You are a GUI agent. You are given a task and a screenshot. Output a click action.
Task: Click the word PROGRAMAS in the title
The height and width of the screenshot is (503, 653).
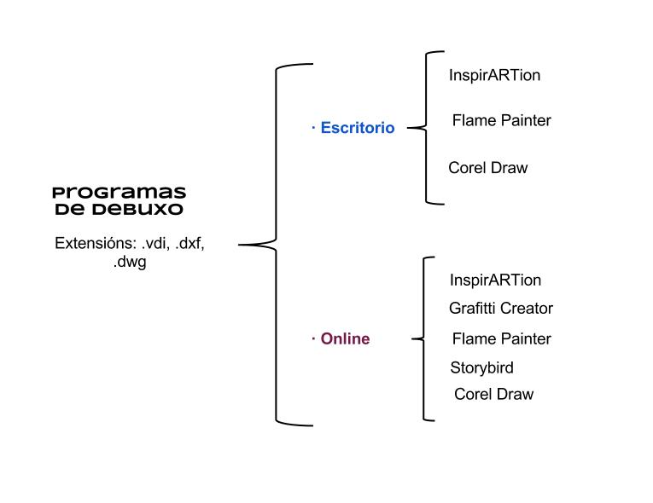119,193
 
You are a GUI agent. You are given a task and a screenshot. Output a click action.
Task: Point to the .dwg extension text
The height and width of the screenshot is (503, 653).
130,263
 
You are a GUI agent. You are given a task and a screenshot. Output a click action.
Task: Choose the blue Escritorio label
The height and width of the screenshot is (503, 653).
357,128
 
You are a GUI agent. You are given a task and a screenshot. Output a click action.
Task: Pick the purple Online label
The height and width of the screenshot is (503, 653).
345,338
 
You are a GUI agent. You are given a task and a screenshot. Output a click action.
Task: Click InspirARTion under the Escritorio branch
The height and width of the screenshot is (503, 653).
494,75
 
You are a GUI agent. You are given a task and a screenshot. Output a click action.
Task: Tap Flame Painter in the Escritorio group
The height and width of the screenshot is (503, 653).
501,120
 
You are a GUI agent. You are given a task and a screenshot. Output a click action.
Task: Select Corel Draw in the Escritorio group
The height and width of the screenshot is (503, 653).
487,168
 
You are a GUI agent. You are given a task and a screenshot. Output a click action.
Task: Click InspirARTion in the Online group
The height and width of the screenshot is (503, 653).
495,280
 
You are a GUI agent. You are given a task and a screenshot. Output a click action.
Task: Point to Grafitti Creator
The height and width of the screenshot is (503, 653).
501,309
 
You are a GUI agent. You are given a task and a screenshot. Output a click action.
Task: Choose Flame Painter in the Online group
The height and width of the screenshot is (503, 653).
501,338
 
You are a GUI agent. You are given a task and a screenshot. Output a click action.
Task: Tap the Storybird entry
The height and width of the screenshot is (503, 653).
481,368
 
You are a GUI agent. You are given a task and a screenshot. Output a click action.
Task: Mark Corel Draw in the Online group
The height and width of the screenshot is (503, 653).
493,394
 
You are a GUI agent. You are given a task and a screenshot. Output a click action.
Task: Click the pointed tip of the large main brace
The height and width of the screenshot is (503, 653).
241,245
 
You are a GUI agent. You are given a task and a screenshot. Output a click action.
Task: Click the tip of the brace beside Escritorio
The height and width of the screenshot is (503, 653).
409,129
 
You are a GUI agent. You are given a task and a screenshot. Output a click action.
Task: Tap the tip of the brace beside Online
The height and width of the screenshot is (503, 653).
413,339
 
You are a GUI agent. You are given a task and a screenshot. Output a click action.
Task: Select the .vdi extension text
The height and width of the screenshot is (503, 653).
155,243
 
